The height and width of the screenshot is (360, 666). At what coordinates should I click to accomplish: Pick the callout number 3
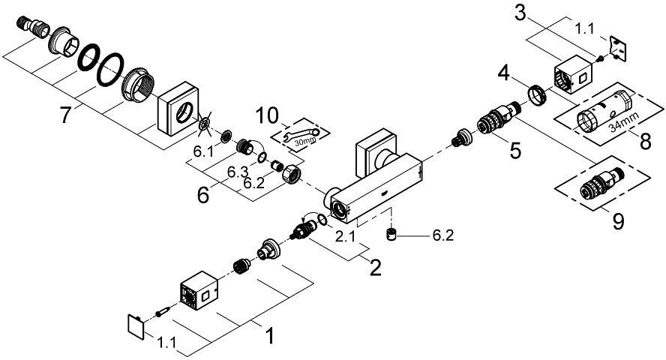520,13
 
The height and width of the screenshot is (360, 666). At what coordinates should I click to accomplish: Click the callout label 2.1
344,238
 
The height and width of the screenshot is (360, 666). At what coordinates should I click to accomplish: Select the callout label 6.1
202,151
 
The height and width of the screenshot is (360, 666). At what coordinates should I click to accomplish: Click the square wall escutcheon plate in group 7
176,112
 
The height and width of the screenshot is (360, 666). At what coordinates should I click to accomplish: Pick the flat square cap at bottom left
136,327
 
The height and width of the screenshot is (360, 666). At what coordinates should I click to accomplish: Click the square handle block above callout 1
199,291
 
